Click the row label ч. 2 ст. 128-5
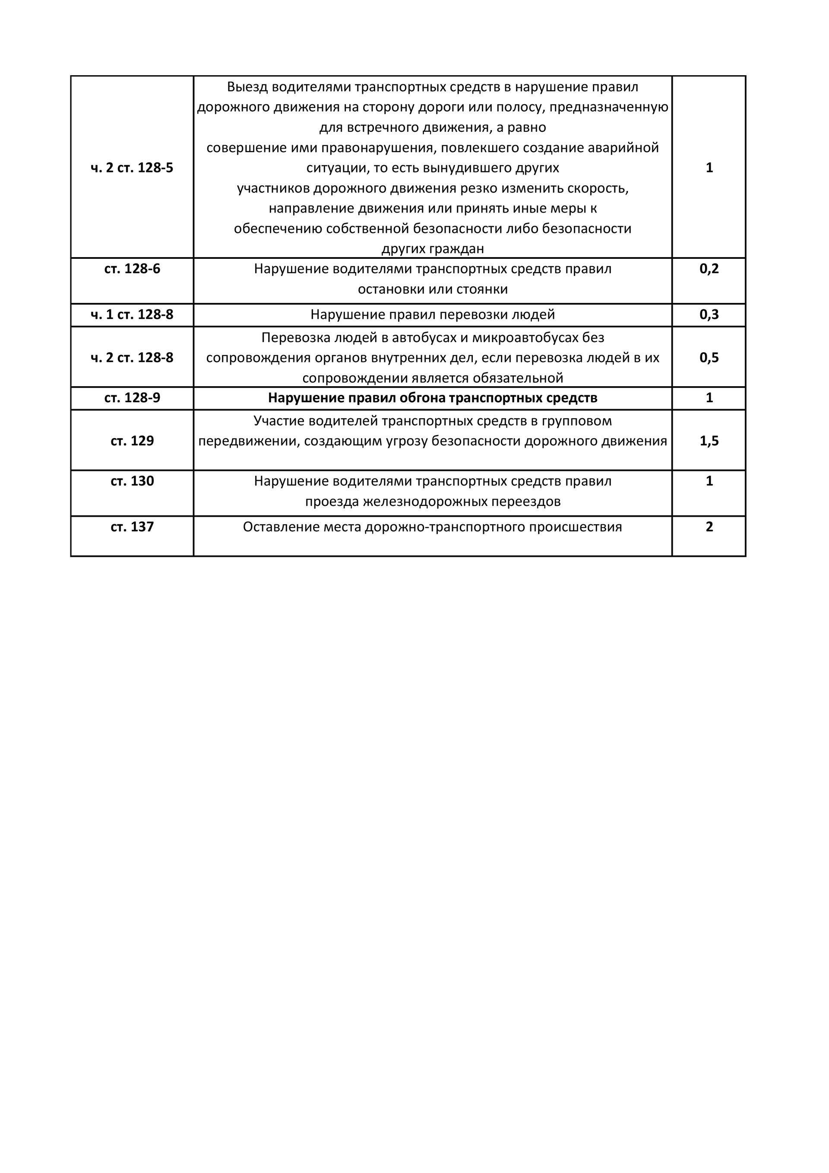(x=132, y=168)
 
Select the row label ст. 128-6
(x=132, y=269)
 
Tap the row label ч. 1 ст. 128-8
(x=132, y=315)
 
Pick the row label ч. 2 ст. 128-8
(x=132, y=358)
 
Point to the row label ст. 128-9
(x=132, y=398)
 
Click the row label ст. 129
(x=132, y=441)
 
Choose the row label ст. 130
(x=132, y=481)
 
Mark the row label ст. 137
(x=132, y=527)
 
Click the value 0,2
(x=709, y=269)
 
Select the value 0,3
(x=709, y=315)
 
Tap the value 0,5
(x=709, y=358)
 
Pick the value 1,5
(x=709, y=441)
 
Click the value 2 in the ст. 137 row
(x=709, y=527)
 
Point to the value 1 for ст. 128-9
(x=709, y=398)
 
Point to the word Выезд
(x=247, y=87)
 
